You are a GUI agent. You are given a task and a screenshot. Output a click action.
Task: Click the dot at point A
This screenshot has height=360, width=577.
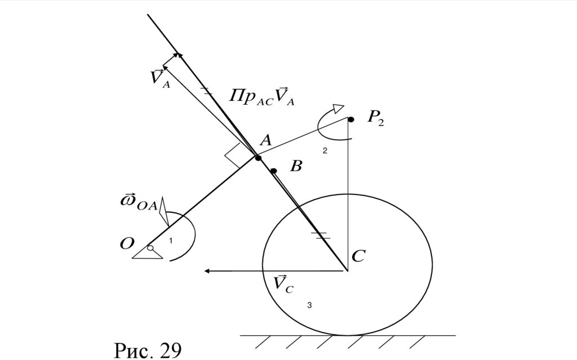[x=258, y=158]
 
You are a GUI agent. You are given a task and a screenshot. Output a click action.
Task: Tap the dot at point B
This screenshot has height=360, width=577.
[x=273, y=171]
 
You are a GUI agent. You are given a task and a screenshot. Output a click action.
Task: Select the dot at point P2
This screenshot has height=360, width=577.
[x=350, y=119]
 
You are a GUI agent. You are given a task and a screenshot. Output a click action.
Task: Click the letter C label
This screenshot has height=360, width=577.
[x=358, y=257]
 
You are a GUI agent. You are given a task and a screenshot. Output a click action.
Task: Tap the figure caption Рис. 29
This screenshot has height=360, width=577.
[x=148, y=350]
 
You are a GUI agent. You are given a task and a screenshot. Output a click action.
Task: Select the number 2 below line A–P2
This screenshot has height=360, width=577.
[x=325, y=151]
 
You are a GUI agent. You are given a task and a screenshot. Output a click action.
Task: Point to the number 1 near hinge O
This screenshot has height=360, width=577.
[x=171, y=241]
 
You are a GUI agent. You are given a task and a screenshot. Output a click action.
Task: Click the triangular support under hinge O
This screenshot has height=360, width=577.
[x=148, y=255]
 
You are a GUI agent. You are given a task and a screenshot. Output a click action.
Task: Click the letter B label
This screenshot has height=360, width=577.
[x=296, y=166]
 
